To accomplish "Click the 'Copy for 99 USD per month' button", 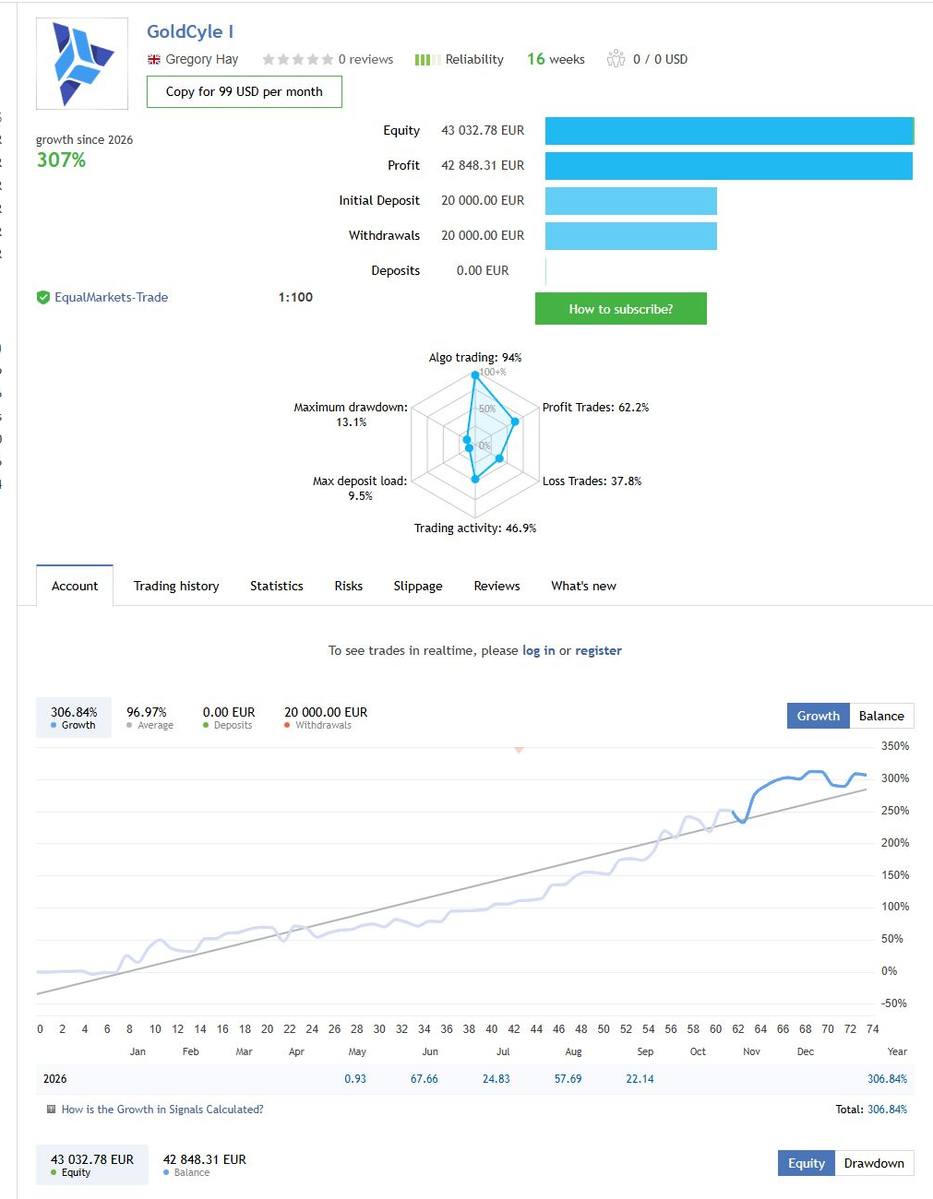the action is (244, 91).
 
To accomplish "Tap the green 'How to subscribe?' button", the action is (620, 309).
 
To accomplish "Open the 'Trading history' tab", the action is (176, 586).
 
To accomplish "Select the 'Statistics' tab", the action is (277, 586).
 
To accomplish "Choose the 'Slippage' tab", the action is (418, 586).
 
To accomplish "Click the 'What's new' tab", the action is (583, 586).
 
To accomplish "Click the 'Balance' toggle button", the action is (881, 716).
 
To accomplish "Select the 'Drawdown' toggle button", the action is (874, 1163).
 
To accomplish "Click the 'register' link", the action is (598, 650).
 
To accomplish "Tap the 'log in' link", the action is (538, 650).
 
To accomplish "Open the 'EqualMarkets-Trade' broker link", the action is (111, 297).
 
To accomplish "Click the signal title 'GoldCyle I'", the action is (190, 31).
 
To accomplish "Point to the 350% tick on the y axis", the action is (895, 746).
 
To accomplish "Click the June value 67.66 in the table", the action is (424, 1079).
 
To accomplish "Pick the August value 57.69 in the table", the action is (568, 1079).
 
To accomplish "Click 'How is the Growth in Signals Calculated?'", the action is (162, 1109).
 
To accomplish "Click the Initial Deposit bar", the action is (631, 201).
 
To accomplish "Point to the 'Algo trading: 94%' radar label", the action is (474, 358).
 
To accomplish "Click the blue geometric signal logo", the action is (82, 64).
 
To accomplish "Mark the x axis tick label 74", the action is (872, 1029).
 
